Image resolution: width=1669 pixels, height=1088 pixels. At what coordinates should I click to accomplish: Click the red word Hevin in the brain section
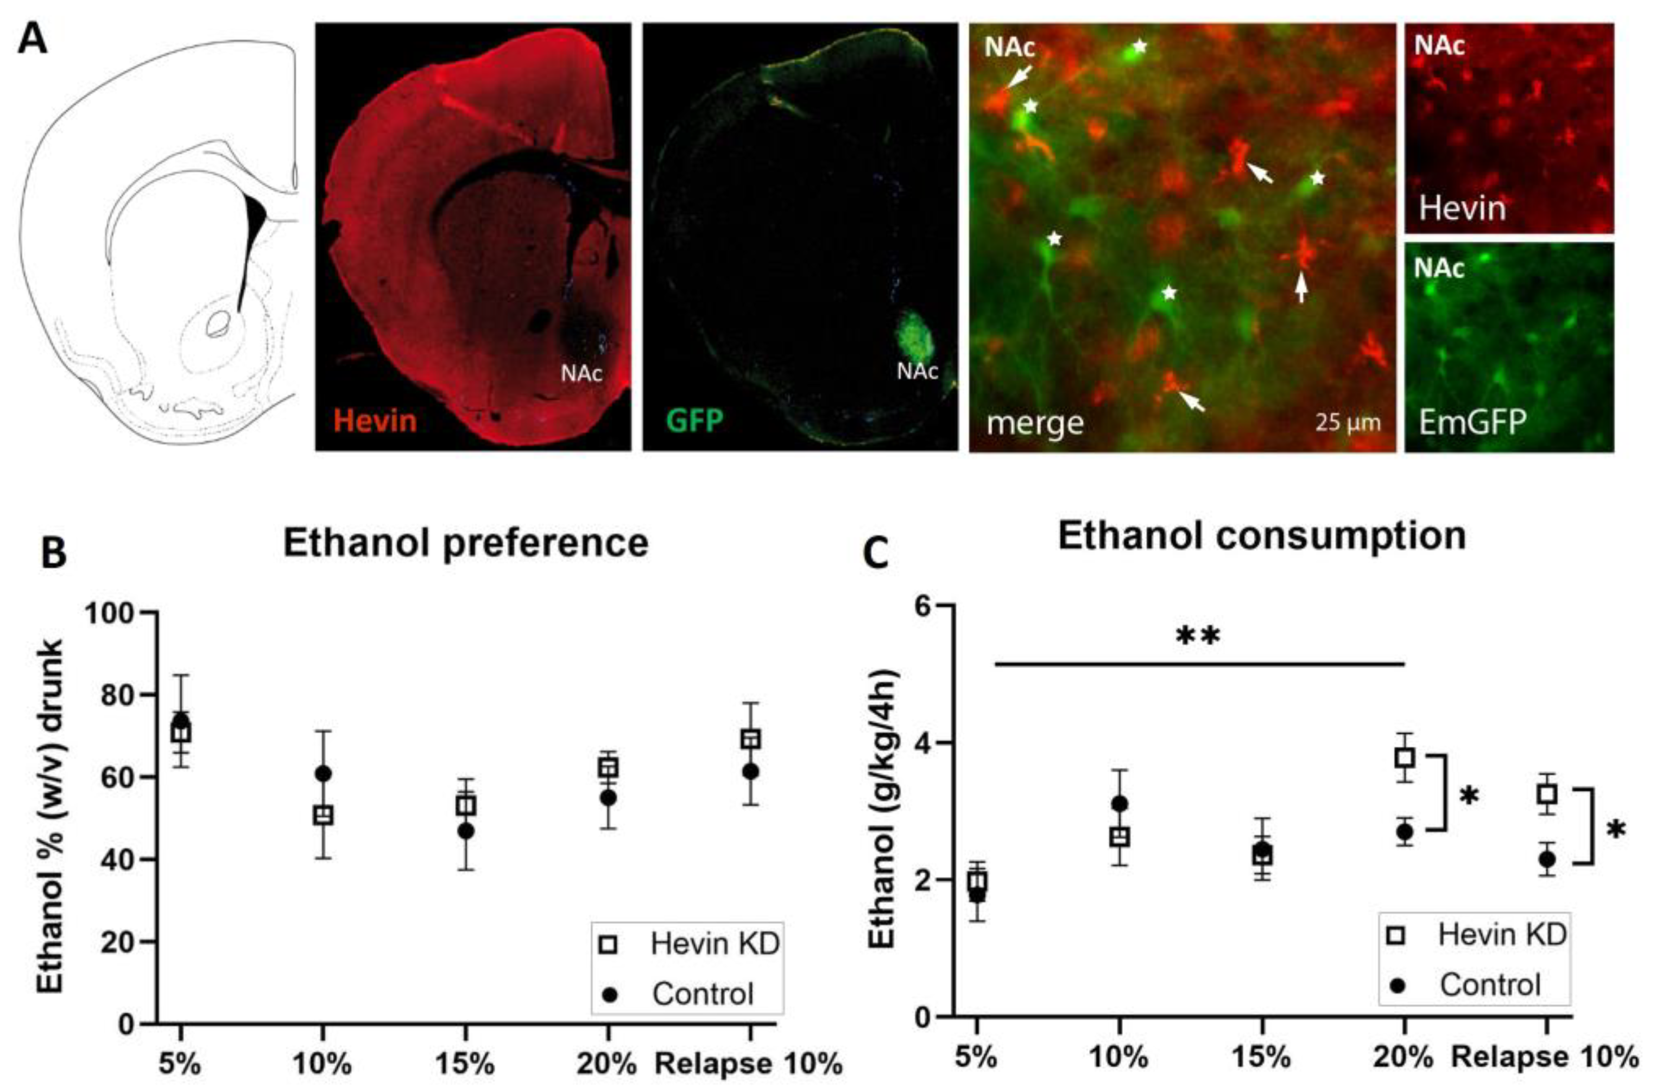(375, 421)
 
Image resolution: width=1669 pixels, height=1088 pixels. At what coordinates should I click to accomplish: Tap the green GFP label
(694, 421)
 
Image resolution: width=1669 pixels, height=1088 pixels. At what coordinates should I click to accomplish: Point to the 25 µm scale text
(1347, 423)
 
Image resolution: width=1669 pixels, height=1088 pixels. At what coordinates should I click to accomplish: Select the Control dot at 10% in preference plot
(323, 774)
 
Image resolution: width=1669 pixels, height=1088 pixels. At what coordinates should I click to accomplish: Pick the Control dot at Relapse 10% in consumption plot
(1547, 859)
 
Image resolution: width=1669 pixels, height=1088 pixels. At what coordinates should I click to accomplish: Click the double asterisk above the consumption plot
(1198, 637)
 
